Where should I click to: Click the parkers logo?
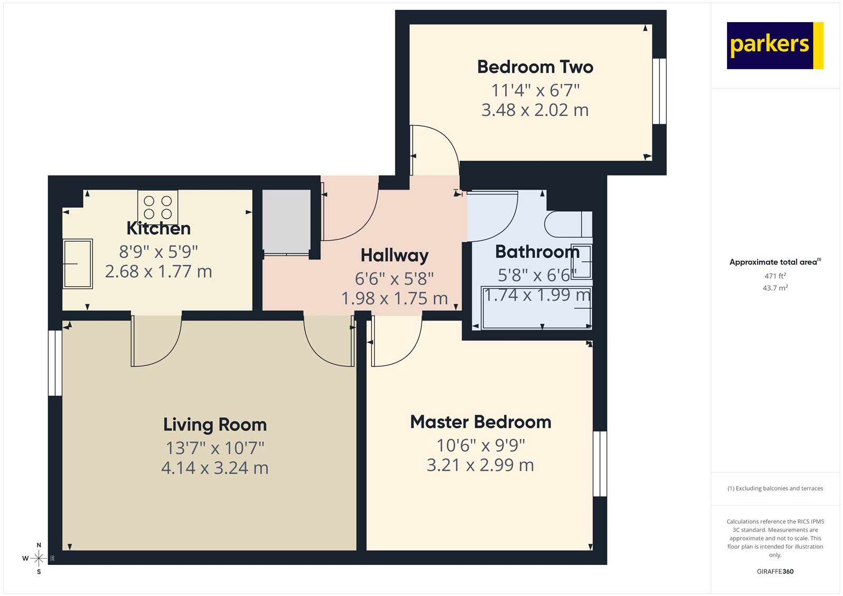[775, 45]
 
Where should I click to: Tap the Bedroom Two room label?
[535, 67]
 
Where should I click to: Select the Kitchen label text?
[159, 228]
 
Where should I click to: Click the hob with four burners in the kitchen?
[158, 207]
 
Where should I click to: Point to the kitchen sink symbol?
[77, 263]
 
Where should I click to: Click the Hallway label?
[394, 255]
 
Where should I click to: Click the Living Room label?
[214, 424]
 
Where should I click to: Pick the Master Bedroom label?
[481, 422]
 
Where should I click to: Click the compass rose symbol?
[38, 558]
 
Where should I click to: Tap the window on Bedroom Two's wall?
[659, 91]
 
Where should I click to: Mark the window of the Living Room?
[55, 363]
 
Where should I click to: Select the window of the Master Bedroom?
[600, 464]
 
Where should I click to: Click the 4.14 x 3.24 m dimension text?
[214, 468]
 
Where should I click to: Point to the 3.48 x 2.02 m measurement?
[535, 110]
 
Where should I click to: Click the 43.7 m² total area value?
[775, 288]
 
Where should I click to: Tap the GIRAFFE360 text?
[775, 571]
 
